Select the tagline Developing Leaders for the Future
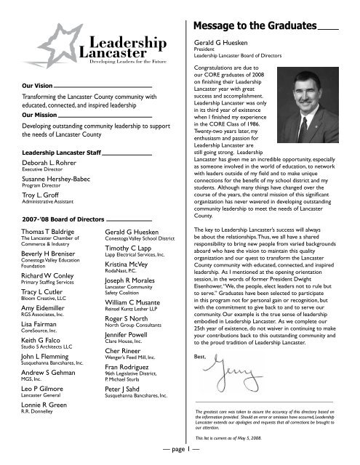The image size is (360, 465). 127,63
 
